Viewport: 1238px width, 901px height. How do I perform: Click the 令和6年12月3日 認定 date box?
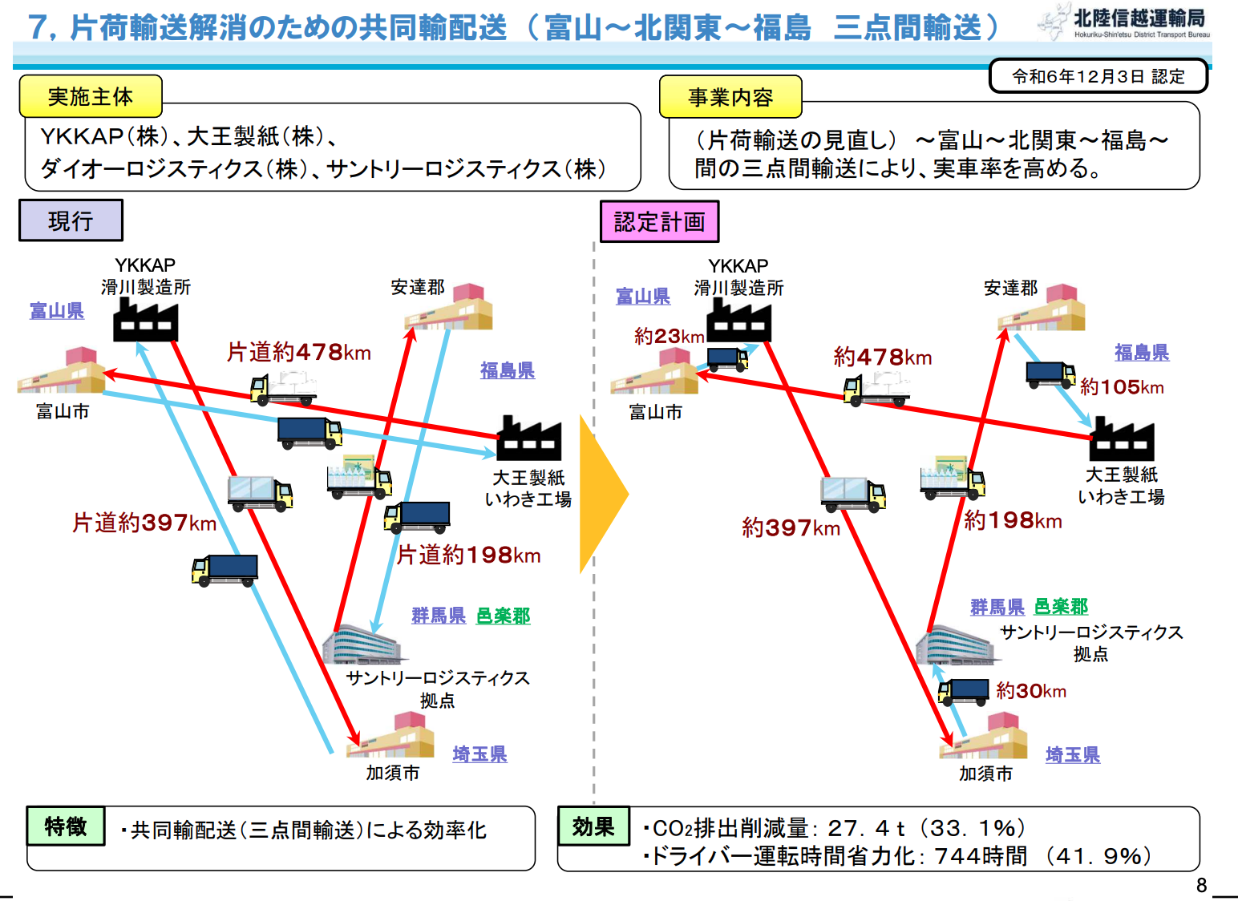tap(1098, 77)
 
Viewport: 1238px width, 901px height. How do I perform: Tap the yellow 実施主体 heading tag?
tap(91, 97)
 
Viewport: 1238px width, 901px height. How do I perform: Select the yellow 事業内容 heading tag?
tap(730, 98)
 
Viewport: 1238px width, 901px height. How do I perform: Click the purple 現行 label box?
tap(71, 220)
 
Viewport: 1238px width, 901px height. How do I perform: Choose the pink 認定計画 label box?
tap(659, 222)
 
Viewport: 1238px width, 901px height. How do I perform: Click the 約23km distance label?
tap(669, 337)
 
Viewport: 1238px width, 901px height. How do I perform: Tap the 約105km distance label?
tap(1121, 387)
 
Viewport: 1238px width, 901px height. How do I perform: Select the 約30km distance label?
tap(1031, 691)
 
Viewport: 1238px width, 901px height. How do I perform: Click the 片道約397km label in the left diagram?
tap(144, 523)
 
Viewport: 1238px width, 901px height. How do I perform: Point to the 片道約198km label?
tap(469, 555)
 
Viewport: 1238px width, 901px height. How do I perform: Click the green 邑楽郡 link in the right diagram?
tap(1061, 607)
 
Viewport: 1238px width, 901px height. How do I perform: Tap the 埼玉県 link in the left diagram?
tap(479, 754)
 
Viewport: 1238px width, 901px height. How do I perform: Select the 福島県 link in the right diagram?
tap(1142, 353)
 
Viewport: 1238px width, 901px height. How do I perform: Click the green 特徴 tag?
tap(66, 826)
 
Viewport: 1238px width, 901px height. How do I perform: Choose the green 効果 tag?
tap(593, 827)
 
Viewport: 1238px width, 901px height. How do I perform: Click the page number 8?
tap(1201, 885)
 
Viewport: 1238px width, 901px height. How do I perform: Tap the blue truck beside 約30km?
tap(964, 691)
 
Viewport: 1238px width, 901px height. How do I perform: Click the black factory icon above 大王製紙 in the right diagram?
tap(1122, 439)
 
